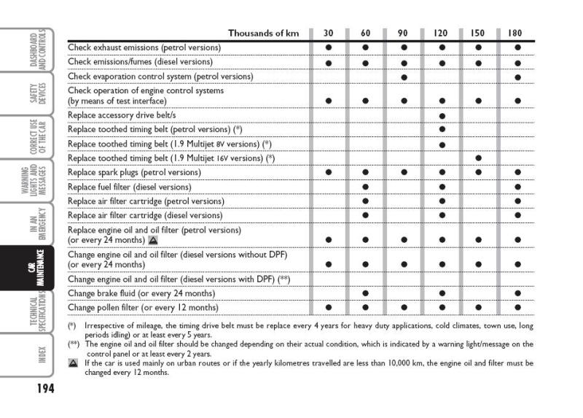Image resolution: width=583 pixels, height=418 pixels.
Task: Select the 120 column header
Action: pyautogui.click(x=441, y=34)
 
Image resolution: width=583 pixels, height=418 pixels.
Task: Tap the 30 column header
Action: pyautogui.click(x=329, y=34)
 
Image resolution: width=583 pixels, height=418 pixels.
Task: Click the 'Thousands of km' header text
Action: pyautogui.click(x=265, y=34)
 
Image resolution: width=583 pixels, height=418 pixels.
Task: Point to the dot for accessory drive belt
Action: pyautogui.click(x=442, y=115)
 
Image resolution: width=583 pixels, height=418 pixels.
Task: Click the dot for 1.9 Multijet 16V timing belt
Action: pyautogui.click(x=479, y=158)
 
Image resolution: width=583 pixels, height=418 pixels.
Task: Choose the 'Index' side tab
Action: pyautogui.click(x=41, y=355)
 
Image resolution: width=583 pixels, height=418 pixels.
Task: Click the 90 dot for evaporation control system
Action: pyautogui.click(x=404, y=77)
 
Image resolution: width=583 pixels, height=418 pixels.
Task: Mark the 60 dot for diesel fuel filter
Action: pyautogui.click(x=366, y=187)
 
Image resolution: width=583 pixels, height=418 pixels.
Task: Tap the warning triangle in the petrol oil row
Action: pyautogui.click(x=153, y=239)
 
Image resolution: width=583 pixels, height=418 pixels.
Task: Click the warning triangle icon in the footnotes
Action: pyautogui.click(x=73, y=362)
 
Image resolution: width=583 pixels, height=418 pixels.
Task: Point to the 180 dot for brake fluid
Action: pyautogui.click(x=517, y=293)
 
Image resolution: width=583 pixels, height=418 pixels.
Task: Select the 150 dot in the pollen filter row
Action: pyautogui.click(x=479, y=308)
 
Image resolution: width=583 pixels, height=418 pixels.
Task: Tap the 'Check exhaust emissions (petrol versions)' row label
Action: pyautogui.click(x=144, y=47)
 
